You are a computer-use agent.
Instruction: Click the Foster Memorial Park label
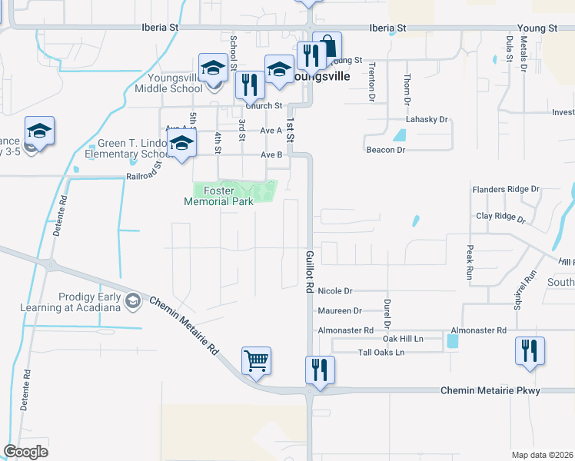[218, 196]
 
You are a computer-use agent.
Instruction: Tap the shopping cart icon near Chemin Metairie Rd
[256, 359]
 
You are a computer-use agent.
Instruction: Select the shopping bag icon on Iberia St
[327, 45]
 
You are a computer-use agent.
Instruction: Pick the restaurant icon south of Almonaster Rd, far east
[530, 350]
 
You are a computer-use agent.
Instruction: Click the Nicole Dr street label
[334, 291]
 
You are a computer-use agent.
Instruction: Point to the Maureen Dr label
[339, 311]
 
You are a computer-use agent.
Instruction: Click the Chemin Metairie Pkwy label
[490, 391]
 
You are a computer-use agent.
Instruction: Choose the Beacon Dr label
[385, 150]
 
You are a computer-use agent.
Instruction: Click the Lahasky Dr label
[427, 120]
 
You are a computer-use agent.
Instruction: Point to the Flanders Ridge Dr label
[507, 188]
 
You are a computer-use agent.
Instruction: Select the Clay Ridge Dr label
[500, 217]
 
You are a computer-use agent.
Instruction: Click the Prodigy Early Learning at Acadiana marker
[134, 300]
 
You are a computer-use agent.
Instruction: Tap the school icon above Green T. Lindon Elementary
[181, 144]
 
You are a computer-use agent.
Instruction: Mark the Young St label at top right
[537, 28]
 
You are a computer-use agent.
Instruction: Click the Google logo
[25, 452]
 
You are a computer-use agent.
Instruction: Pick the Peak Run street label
[469, 262]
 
